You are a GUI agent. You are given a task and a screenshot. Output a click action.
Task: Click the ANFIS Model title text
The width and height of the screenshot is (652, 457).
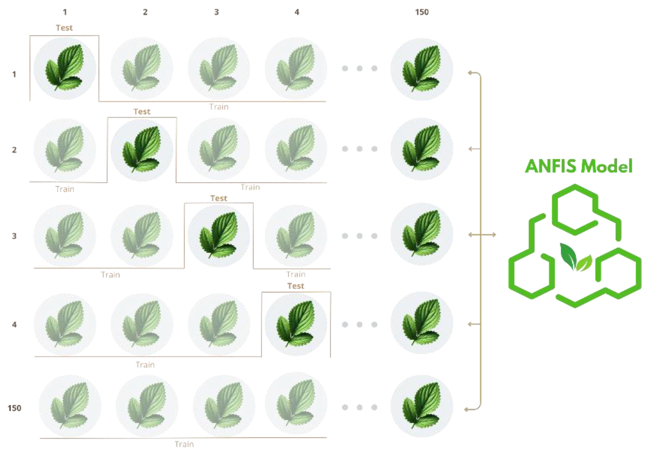[x=578, y=166]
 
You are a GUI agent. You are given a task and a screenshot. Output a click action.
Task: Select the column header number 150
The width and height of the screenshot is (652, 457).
[x=422, y=12]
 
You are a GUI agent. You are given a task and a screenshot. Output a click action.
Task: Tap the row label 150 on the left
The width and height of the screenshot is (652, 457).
[x=14, y=408]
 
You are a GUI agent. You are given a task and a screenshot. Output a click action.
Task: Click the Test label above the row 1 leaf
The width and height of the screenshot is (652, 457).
[x=64, y=27]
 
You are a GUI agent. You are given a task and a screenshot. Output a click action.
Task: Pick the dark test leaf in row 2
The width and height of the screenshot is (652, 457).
[x=141, y=149]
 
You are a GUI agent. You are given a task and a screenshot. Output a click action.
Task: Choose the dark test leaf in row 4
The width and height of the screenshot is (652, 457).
[x=296, y=323]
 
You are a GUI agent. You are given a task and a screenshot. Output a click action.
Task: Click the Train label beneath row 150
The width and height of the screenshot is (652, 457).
[x=184, y=444]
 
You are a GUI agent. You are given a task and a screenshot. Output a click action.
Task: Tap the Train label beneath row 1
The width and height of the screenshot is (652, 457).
[x=219, y=107]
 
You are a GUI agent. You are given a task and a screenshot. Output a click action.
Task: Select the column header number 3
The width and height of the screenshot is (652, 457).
[x=217, y=12]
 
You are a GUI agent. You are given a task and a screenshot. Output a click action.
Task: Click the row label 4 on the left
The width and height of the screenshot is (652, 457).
[x=14, y=324]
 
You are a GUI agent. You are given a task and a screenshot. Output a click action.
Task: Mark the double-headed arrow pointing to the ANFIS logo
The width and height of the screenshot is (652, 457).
[x=482, y=235]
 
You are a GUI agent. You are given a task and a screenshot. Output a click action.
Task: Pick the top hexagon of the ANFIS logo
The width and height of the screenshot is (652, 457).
[x=575, y=210]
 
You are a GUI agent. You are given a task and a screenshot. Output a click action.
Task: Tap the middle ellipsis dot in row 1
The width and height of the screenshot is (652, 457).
[x=359, y=68]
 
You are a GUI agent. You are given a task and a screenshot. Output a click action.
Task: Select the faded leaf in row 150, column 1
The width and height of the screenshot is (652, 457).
[x=70, y=405]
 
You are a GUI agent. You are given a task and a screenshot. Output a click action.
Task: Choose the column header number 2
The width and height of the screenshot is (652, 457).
[x=145, y=12]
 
